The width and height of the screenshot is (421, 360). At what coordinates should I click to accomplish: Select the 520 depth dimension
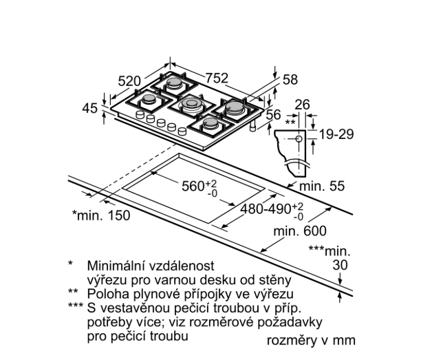click(130, 81)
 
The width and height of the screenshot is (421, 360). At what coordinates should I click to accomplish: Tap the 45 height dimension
click(89, 107)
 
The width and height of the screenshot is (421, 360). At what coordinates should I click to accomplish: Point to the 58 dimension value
click(290, 79)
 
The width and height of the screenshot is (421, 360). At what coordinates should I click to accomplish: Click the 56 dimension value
click(274, 114)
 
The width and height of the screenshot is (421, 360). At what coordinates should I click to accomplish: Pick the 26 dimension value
click(301, 105)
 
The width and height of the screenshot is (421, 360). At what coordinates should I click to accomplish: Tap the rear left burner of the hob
click(175, 86)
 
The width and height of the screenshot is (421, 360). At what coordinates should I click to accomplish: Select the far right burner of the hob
click(234, 107)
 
